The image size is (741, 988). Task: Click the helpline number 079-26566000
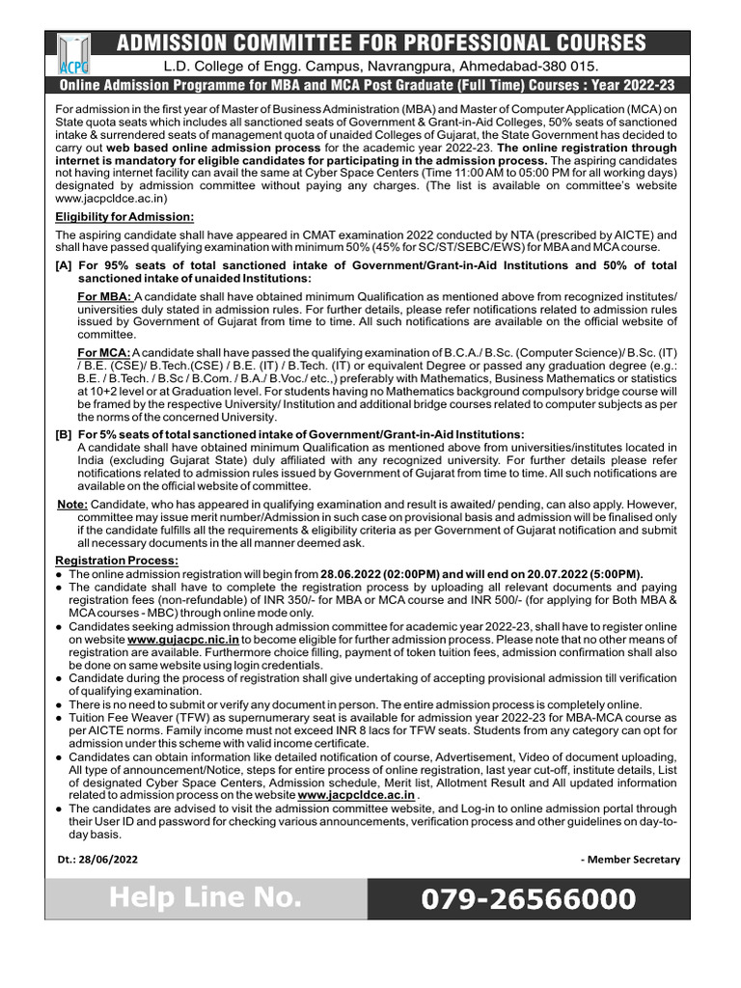529,900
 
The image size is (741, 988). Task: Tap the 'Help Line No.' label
205,899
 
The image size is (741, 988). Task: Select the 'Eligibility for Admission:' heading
124,217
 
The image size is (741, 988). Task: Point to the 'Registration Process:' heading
117,561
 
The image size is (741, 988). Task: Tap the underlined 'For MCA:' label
103,351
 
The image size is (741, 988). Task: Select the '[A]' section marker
64,265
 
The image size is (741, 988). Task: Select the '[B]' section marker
64,435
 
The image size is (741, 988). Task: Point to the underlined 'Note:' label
73,504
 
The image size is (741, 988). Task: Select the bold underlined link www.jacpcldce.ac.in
357,794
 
